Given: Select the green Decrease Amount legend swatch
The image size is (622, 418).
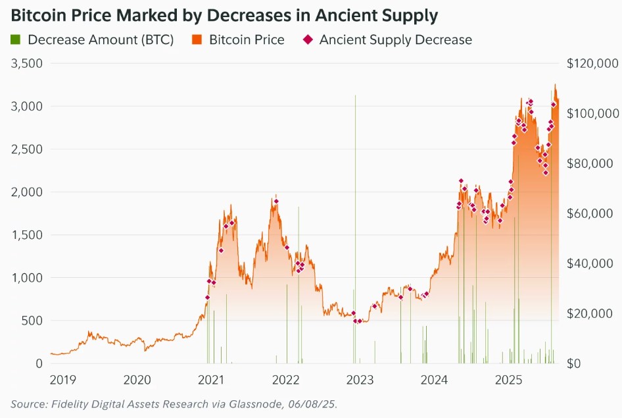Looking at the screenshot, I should pos(16,39).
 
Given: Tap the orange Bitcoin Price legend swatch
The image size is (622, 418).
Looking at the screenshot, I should pos(197,39).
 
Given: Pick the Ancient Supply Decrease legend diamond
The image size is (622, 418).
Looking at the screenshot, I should pos(308,39).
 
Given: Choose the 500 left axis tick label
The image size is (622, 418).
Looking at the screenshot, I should pos(32,321).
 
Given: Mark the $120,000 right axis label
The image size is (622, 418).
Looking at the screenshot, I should pos(592,64).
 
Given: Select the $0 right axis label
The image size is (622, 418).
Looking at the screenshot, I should pos(575,363).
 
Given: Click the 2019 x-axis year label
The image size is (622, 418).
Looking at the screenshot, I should pos(63,380).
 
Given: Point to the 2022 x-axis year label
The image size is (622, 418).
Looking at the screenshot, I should pos(286,380).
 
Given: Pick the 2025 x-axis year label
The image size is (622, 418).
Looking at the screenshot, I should pos(508,380).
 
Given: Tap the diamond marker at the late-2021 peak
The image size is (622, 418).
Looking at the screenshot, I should pos(276,201).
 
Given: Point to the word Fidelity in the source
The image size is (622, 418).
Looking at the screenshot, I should pos(69,403).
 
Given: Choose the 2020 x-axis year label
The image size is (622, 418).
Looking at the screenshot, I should pos(137,380).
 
